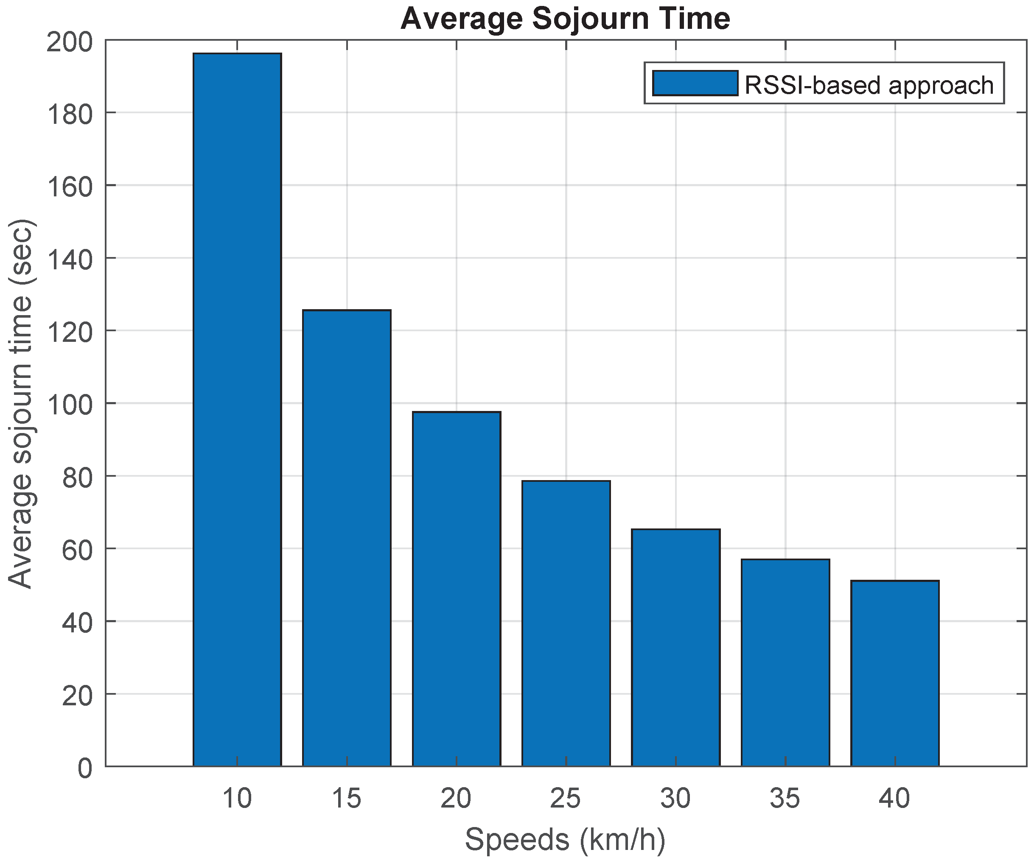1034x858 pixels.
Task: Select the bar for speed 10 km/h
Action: point(237,408)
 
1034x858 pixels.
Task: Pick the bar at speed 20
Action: point(457,588)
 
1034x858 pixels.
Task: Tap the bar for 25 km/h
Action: point(566,623)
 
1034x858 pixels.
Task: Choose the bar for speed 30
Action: point(675,647)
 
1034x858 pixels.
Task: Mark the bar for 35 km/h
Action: point(785,662)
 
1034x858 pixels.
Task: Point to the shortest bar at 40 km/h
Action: point(895,673)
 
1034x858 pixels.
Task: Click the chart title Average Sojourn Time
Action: point(565,19)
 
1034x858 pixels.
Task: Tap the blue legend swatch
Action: point(695,83)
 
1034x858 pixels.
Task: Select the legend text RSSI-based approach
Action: point(869,85)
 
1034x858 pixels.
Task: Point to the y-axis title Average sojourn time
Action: point(21,403)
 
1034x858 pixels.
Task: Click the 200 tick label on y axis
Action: point(70,43)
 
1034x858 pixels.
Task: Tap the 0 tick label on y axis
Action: point(85,769)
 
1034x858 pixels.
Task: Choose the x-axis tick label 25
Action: point(566,798)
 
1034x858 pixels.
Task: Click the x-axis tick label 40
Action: point(895,798)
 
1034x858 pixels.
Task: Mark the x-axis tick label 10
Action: point(237,798)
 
